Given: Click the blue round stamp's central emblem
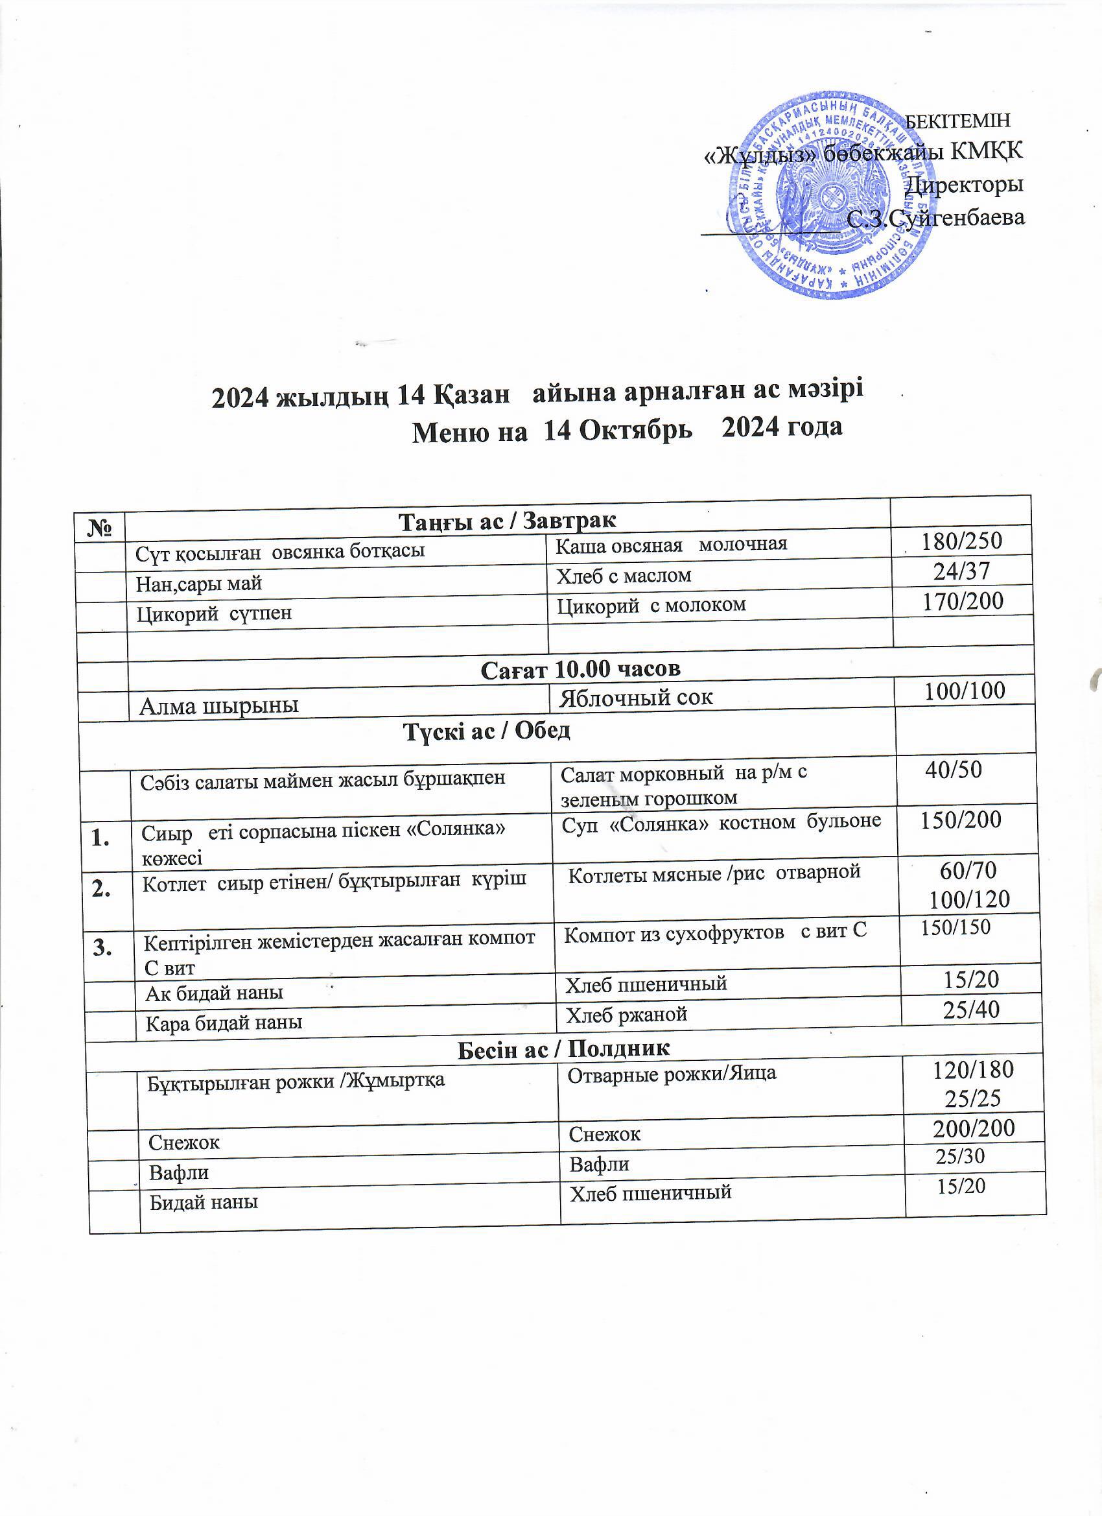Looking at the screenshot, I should (x=827, y=198).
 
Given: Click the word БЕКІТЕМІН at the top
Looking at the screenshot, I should (x=957, y=121).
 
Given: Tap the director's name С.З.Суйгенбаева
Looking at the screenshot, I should (x=935, y=219).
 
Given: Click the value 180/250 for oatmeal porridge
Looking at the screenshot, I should (x=962, y=541).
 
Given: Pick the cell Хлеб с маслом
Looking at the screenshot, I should (x=624, y=576).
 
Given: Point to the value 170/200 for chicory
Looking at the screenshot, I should (x=963, y=601).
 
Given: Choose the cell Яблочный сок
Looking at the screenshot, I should (x=635, y=698).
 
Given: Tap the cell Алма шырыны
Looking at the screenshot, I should (x=218, y=706).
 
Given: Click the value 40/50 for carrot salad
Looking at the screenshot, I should (x=954, y=770).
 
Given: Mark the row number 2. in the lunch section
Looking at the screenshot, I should (x=102, y=888).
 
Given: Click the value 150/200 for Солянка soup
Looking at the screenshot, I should (x=961, y=820).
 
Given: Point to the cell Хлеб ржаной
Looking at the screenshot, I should (x=626, y=1015).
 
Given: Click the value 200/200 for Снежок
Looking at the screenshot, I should (x=974, y=1128).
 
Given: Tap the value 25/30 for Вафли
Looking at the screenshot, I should (x=960, y=1155).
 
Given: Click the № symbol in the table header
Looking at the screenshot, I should (x=99, y=529).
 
